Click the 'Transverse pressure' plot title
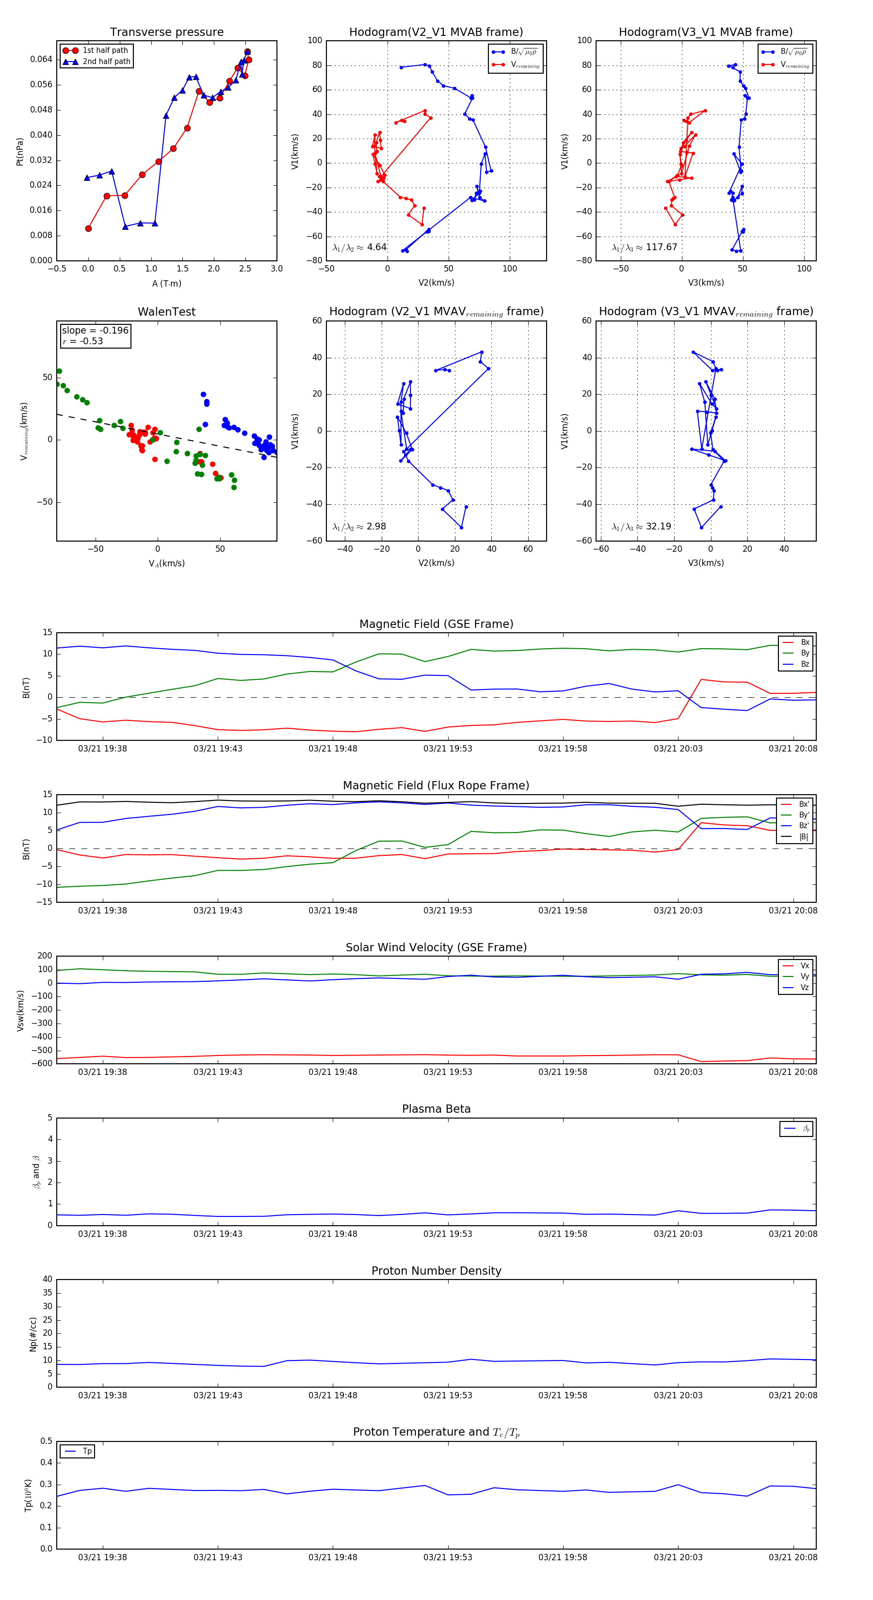[x=166, y=32]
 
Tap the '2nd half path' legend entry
[x=106, y=62]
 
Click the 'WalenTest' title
[x=166, y=312]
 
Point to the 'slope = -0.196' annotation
[x=95, y=331]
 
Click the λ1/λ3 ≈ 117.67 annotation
[x=645, y=247]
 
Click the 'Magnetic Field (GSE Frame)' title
[x=436, y=624]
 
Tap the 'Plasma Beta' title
[x=436, y=1109]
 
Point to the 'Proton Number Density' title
[x=436, y=1271]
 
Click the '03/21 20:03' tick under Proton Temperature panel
[x=678, y=1557]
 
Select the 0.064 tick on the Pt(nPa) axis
[x=41, y=60]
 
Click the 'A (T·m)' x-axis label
[x=166, y=284]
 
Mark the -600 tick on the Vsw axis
[x=44, y=1063]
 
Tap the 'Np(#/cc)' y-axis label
[x=33, y=1334]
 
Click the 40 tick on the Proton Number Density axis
[x=47, y=1280]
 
